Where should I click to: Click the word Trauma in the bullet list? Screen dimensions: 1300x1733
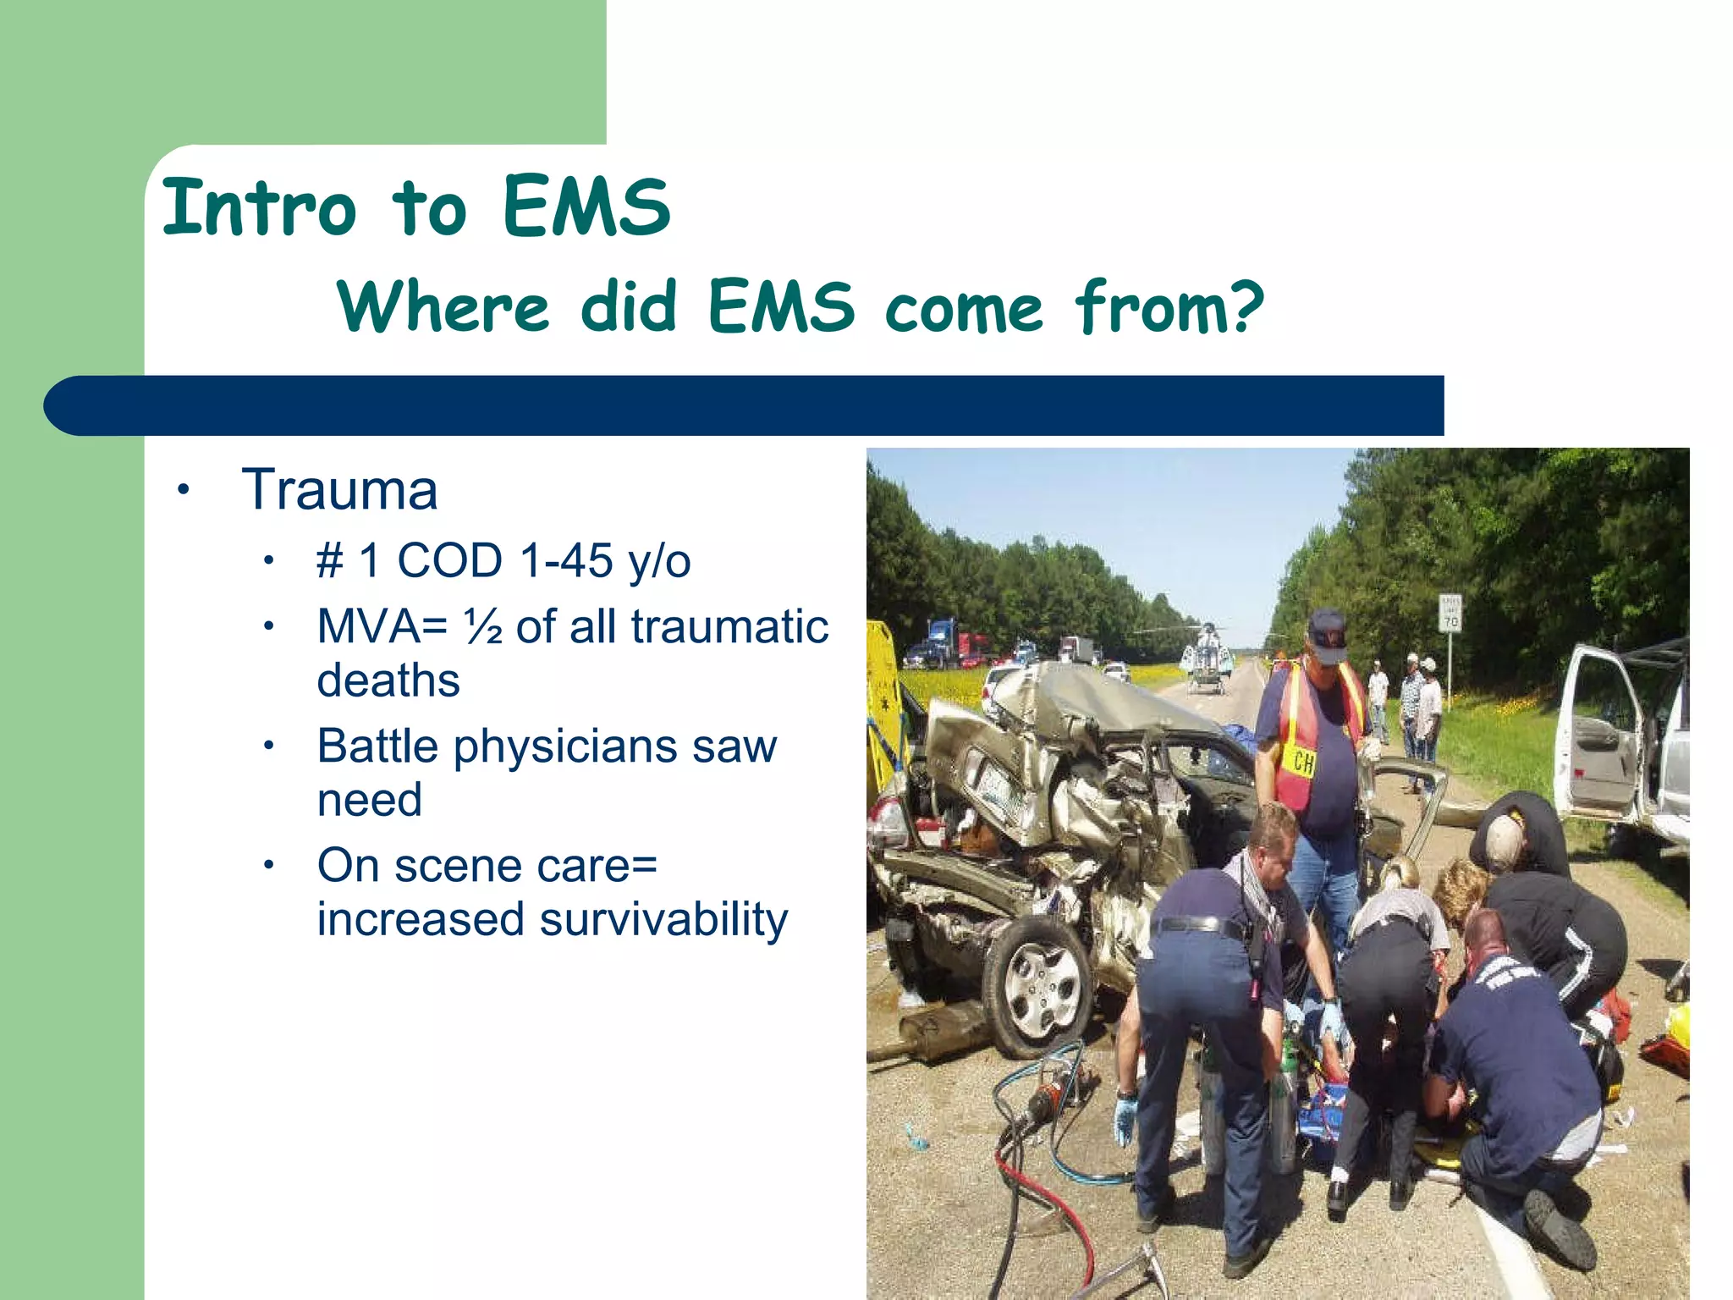tap(339, 490)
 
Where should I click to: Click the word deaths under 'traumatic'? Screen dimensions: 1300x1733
tap(388, 680)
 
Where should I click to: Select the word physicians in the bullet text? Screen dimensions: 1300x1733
tap(565, 746)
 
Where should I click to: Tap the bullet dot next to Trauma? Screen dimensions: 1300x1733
tap(183, 490)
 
